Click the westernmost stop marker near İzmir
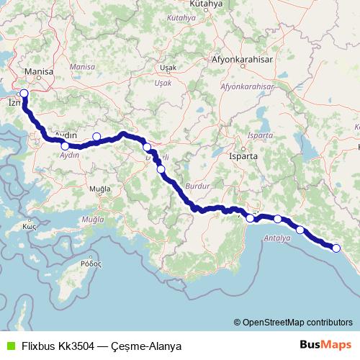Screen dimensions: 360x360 [24, 93]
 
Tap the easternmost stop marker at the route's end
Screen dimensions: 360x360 [336, 248]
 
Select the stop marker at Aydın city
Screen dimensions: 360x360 [66, 146]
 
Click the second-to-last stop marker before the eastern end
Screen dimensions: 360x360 [300, 231]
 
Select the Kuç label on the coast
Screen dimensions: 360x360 [30, 226]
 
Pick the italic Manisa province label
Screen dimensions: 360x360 [83, 66]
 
